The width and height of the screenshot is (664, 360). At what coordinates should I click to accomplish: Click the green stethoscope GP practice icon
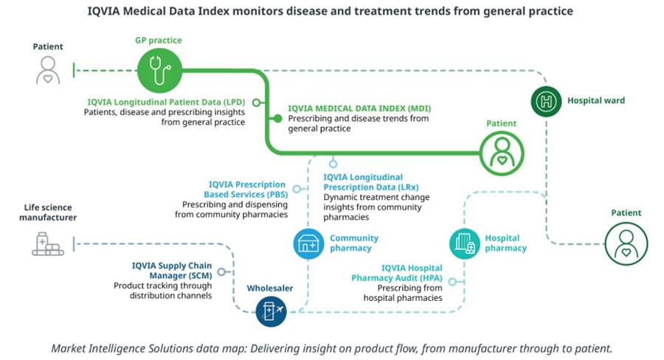pyautogui.click(x=159, y=71)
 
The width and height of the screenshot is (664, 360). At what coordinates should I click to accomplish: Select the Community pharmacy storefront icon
pyautogui.click(x=308, y=243)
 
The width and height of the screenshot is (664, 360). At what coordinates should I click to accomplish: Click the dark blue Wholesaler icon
pyautogui.click(x=270, y=311)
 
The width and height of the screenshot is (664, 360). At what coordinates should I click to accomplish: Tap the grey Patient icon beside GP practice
pyautogui.click(x=48, y=71)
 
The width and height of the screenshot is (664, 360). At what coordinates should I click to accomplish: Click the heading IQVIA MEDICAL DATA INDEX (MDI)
pyautogui.click(x=359, y=108)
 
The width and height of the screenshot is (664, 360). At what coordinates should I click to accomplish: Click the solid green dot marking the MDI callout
pyautogui.click(x=278, y=118)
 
